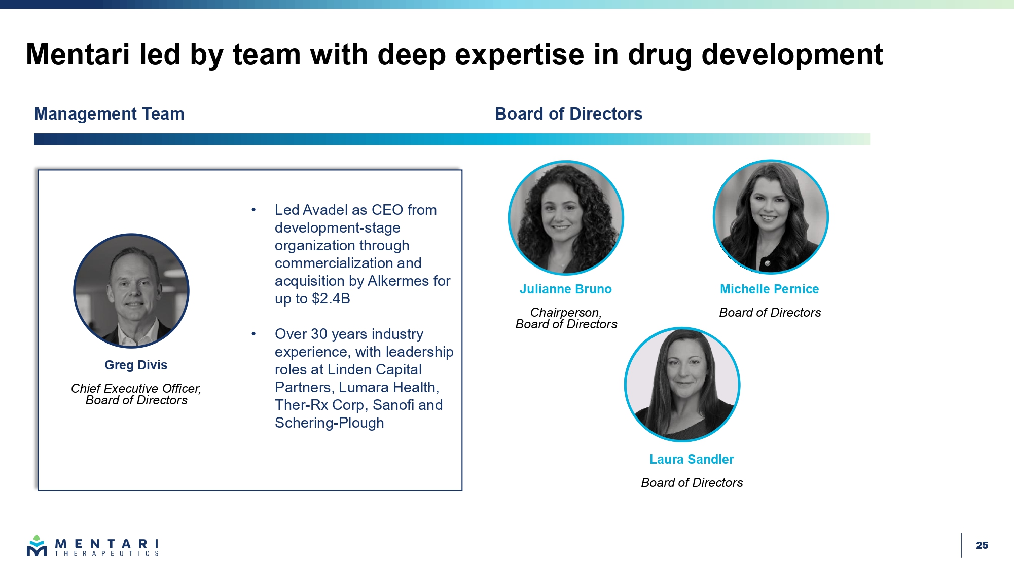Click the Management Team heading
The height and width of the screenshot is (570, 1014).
[109, 114]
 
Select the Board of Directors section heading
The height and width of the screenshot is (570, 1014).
[568, 114]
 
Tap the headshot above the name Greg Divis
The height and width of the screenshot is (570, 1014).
[131, 291]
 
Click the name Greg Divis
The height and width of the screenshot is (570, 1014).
[136, 365]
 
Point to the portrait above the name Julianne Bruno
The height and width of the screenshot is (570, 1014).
[566, 218]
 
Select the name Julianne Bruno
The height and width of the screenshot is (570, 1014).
[566, 289]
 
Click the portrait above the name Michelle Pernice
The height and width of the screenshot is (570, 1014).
[771, 217]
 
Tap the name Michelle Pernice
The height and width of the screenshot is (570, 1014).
[770, 289]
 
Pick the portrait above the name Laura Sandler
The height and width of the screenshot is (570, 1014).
[682, 385]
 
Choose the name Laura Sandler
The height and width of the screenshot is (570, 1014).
[692, 459]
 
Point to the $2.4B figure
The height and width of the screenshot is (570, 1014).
[331, 298]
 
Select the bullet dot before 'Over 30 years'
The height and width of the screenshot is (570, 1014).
[253, 334]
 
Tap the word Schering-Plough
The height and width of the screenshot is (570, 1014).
[330, 423]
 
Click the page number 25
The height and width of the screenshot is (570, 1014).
[982, 545]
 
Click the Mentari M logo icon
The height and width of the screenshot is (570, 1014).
[37, 546]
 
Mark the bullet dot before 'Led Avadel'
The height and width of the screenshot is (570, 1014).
[253, 210]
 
